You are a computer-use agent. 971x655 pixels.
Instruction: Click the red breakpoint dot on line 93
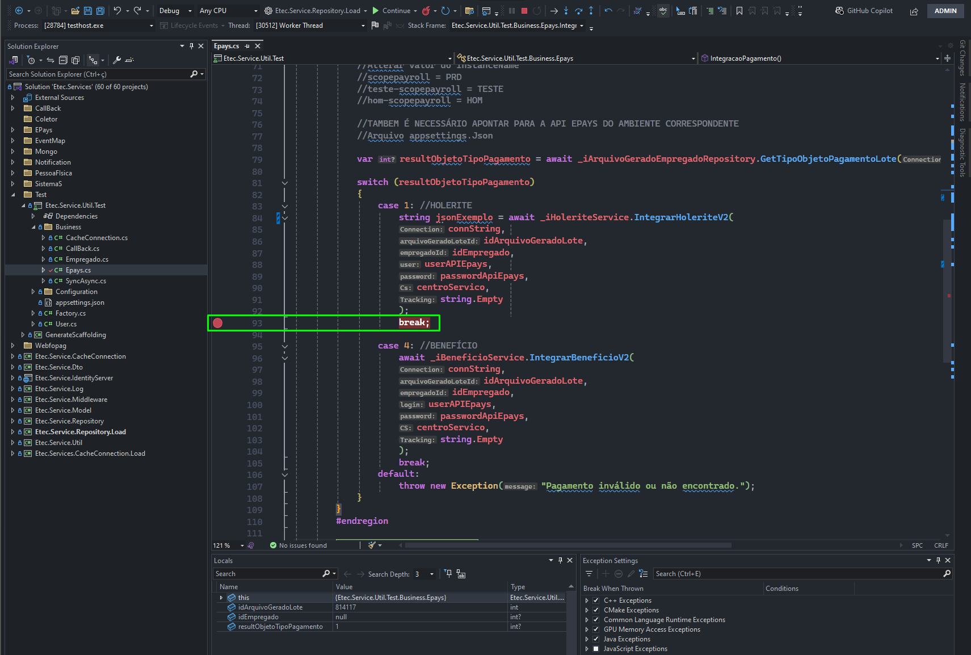[x=217, y=323]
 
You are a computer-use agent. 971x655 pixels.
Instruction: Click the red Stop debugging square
[x=524, y=11]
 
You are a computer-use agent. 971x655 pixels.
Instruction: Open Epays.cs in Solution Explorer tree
[x=78, y=270]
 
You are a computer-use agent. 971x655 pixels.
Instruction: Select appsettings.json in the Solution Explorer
[x=80, y=303]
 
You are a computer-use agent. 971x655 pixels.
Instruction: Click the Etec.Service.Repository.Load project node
[x=80, y=432]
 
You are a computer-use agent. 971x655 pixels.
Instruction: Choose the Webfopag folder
[x=51, y=346]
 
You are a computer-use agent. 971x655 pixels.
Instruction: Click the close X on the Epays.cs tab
[x=258, y=46]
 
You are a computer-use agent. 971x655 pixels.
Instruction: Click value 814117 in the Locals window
[x=346, y=607]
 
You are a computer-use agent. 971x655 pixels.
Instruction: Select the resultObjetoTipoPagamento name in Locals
[x=280, y=627]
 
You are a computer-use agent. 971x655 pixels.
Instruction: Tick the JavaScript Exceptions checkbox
[x=596, y=649]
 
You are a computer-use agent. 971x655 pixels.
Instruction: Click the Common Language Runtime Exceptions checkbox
[x=596, y=620]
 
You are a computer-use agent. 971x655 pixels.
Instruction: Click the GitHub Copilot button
[x=864, y=11]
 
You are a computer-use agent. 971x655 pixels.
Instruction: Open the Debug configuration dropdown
[x=175, y=11]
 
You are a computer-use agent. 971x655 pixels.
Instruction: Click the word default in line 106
[x=396, y=474]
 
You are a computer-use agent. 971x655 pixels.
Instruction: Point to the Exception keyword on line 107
[x=474, y=486]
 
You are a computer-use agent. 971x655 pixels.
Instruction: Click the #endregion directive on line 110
[x=362, y=521]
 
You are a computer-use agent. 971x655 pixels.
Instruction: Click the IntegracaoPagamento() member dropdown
[x=820, y=58]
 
